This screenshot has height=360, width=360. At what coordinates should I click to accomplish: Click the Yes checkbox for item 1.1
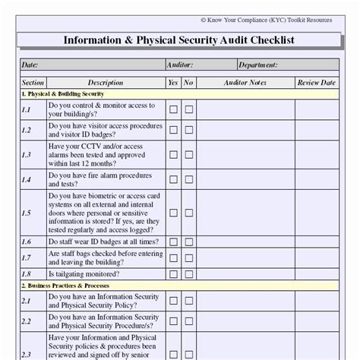click(x=174, y=109)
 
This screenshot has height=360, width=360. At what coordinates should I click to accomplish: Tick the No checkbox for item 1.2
click(x=189, y=130)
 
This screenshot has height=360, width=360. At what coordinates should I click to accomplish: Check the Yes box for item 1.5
click(x=174, y=213)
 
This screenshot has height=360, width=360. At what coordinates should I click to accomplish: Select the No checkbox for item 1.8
click(x=189, y=273)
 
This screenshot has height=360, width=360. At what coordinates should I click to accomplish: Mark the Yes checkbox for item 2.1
click(x=174, y=301)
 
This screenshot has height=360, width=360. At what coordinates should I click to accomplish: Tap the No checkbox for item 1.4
click(x=189, y=179)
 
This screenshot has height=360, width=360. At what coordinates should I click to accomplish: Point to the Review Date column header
click(x=316, y=82)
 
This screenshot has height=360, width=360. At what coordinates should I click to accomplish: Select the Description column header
click(x=105, y=82)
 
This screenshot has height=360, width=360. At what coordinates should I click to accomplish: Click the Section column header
click(x=33, y=82)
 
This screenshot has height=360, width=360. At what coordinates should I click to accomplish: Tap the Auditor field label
click(x=178, y=65)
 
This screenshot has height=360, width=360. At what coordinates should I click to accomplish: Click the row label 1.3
click(x=27, y=154)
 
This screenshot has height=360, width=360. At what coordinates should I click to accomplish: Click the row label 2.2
click(x=27, y=321)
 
